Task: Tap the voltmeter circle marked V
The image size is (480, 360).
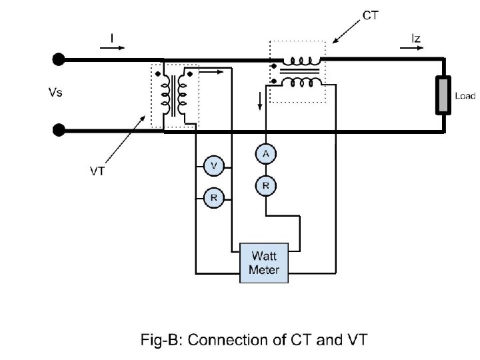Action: point(213,165)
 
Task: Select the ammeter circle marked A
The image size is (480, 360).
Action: point(265,154)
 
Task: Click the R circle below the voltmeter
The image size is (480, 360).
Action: point(213,197)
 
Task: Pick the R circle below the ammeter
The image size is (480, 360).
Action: point(265,186)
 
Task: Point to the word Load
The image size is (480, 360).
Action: point(465,96)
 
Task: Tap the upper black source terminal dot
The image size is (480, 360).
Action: point(59,61)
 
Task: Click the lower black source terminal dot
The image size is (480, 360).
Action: point(59,129)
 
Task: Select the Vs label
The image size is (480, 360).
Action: point(56,93)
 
